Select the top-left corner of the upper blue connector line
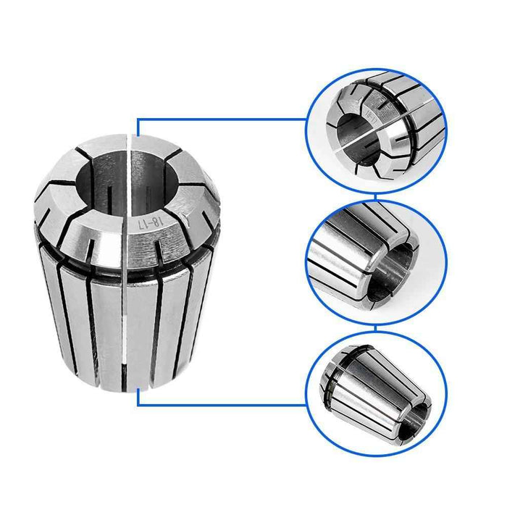(x=138, y=120)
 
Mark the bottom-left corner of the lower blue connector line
(x=138, y=405)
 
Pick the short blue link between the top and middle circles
(x=376, y=197)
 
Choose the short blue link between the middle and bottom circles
(x=376, y=330)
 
